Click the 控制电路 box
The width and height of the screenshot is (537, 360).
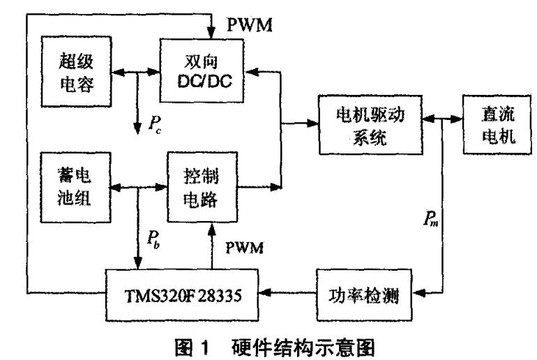click(x=202, y=186)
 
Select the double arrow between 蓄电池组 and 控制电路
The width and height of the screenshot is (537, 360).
click(x=135, y=186)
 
